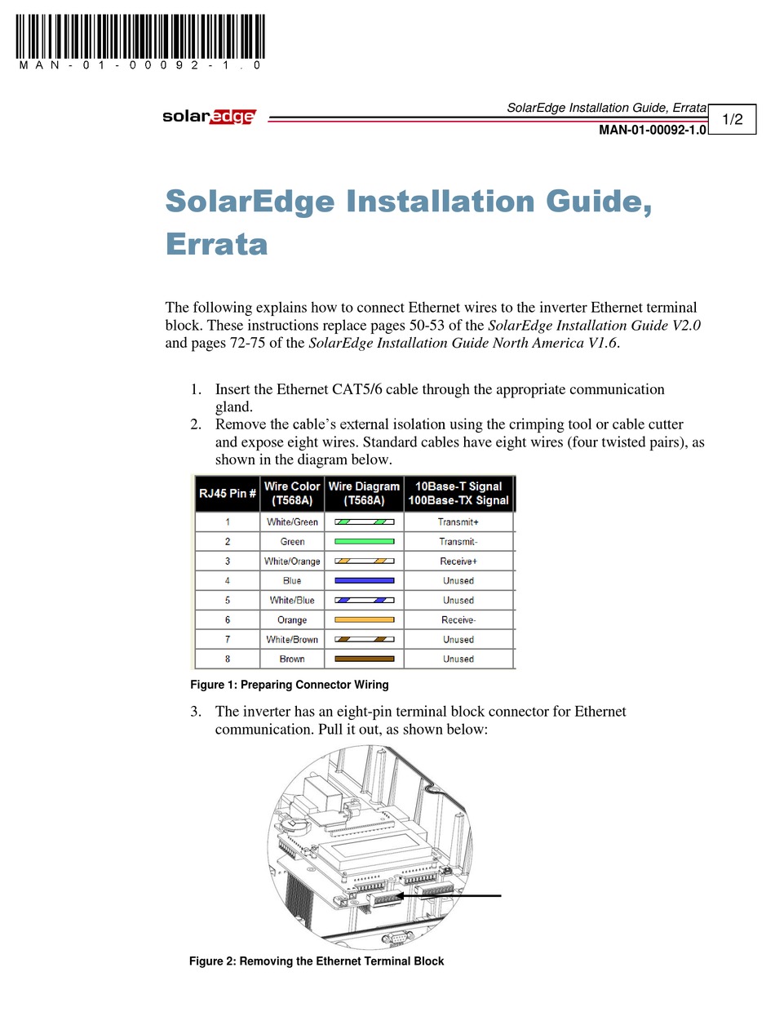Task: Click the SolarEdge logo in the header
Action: click(209, 117)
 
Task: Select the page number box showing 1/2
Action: click(732, 120)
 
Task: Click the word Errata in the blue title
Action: click(216, 244)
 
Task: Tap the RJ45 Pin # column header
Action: click(228, 493)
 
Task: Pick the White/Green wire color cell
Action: click(292, 522)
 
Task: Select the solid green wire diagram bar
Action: click(364, 541)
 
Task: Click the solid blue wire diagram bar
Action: click(364, 580)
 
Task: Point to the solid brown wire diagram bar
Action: click(364, 659)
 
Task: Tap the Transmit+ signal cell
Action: click(458, 522)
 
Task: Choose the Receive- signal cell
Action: click(458, 619)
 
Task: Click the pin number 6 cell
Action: click(228, 619)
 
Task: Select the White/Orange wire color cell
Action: click(292, 561)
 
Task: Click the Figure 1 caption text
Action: click(289, 685)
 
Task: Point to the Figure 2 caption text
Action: click(317, 961)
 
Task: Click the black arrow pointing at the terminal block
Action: click(457, 896)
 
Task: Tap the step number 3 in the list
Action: click(196, 712)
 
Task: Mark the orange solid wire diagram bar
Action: click(364, 619)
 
